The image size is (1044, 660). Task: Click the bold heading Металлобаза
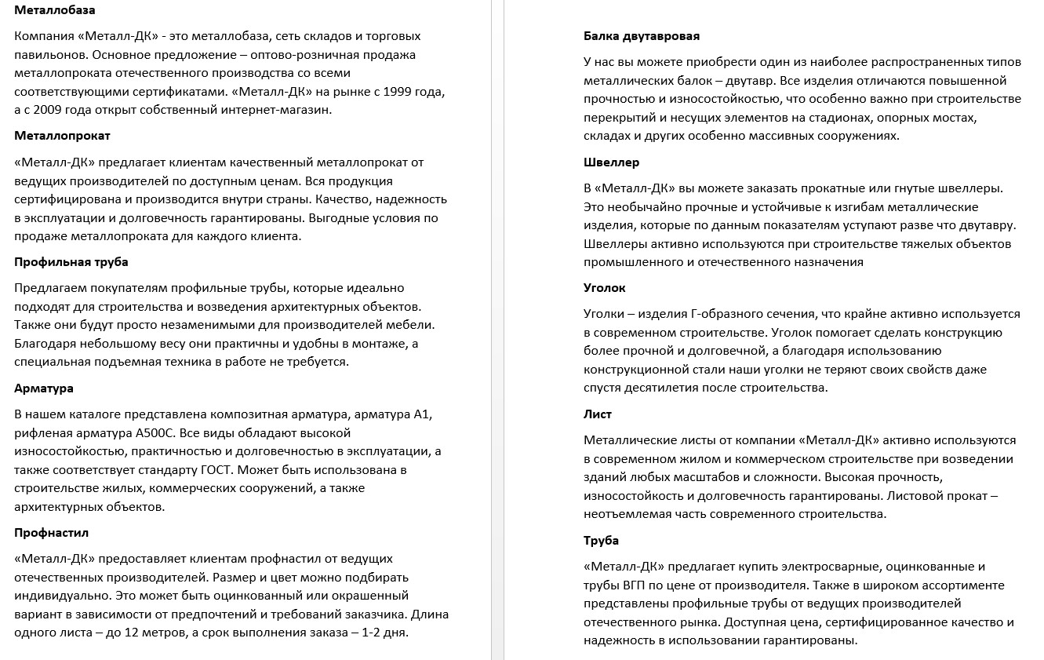(x=56, y=9)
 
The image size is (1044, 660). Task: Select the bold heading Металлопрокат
(x=62, y=136)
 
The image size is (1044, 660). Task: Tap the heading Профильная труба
(x=71, y=262)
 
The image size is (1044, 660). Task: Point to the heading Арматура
(x=44, y=388)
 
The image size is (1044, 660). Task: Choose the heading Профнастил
(x=52, y=533)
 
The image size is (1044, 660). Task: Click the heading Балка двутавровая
(x=642, y=36)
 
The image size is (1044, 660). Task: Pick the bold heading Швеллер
(x=612, y=162)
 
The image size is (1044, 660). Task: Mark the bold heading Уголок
(x=605, y=288)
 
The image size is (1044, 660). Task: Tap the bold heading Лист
(x=598, y=414)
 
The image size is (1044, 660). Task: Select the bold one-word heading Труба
(x=602, y=541)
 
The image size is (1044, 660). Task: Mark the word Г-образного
(x=714, y=314)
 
